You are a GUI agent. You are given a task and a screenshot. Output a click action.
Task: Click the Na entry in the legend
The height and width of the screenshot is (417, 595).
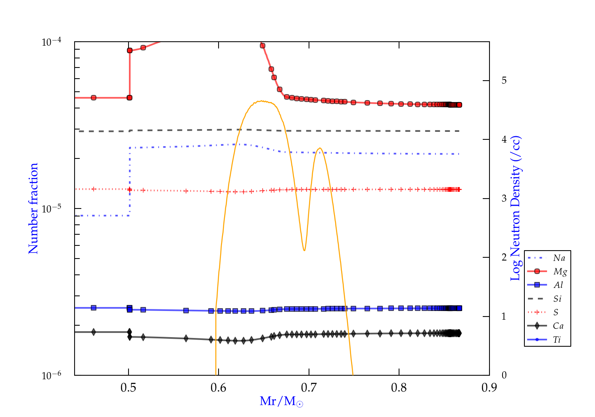point(559,258)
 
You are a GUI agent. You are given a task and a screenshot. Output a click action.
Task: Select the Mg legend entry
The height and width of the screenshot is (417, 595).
point(560,272)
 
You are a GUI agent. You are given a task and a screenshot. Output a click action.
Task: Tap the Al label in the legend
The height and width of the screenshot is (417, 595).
point(559,285)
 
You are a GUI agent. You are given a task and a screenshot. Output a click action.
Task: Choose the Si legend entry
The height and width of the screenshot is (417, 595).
point(557,299)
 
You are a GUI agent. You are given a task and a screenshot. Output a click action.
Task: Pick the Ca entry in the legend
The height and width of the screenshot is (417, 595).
point(558,326)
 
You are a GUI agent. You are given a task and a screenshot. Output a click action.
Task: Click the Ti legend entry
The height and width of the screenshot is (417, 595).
point(557,340)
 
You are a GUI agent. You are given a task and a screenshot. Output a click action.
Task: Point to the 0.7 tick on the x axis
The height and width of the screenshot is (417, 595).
point(309,387)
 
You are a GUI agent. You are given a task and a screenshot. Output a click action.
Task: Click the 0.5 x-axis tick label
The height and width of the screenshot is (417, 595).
point(128,387)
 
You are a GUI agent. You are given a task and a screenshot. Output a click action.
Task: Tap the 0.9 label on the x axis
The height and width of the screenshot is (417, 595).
point(489,387)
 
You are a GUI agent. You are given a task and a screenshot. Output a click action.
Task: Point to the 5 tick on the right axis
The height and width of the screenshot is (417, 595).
point(504,81)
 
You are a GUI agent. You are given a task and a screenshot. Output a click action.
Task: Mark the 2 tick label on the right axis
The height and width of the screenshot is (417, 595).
point(504,257)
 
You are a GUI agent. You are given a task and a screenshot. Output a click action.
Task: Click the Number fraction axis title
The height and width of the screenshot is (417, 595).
point(33,208)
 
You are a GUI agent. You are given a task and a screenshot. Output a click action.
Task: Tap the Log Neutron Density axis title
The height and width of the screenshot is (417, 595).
point(516,208)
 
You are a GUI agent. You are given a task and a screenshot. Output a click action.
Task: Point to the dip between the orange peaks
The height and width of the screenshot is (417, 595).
point(304,250)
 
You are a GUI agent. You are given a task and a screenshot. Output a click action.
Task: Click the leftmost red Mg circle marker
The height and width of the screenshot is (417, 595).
point(94,98)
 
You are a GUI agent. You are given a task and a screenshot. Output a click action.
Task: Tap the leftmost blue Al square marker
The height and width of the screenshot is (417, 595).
point(94,308)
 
